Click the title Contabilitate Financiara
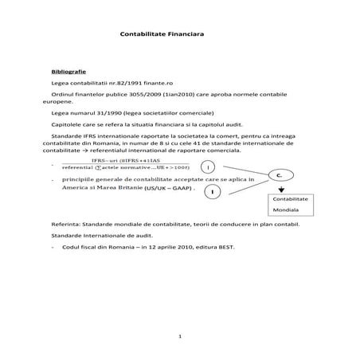click(162, 35)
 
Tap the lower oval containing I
click(213, 191)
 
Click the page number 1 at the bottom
click(181, 336)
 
